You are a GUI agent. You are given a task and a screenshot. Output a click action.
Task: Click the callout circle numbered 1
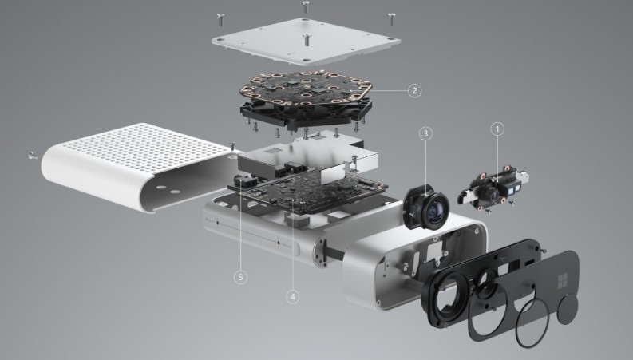tap(497, 129)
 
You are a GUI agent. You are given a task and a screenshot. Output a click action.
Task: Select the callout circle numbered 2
tap(414, 90)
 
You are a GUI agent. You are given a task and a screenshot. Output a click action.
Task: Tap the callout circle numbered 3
tap(425, 133)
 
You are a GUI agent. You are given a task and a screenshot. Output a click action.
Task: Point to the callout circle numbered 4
tap(293, 297)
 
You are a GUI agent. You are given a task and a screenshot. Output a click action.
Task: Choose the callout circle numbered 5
tap(240, 277)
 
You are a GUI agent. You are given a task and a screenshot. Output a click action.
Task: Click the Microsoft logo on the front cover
tap(562, 281)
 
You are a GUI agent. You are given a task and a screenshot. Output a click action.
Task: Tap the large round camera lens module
tap(426, 206)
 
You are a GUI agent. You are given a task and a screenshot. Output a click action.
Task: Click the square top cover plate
tap(306, 41)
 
